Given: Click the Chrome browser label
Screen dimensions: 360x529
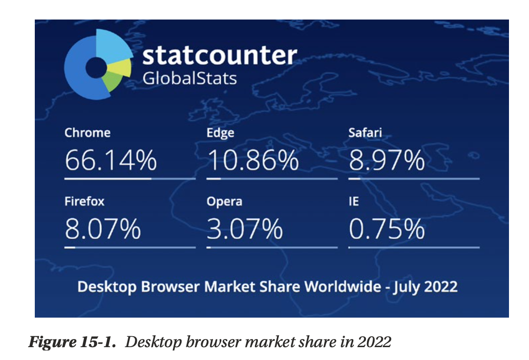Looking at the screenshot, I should point(87,132).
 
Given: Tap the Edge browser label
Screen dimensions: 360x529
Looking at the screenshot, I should point(220,132).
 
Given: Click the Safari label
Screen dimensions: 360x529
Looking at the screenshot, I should point(365,132).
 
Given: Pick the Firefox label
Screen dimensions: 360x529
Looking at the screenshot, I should point(84,201).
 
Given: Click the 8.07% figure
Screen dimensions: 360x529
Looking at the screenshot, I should point(103,229).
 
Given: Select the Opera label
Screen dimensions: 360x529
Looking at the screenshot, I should point(224,201).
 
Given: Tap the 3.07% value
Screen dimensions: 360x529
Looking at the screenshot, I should point(244,229).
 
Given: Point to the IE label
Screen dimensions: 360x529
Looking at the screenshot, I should point(354,201).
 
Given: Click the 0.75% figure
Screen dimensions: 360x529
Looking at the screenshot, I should point(387,229).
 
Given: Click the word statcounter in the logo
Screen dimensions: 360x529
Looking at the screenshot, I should point(220,56).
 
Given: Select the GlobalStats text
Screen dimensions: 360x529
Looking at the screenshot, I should point(190,78).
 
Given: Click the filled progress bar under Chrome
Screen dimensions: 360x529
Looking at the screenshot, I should point(108,179).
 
